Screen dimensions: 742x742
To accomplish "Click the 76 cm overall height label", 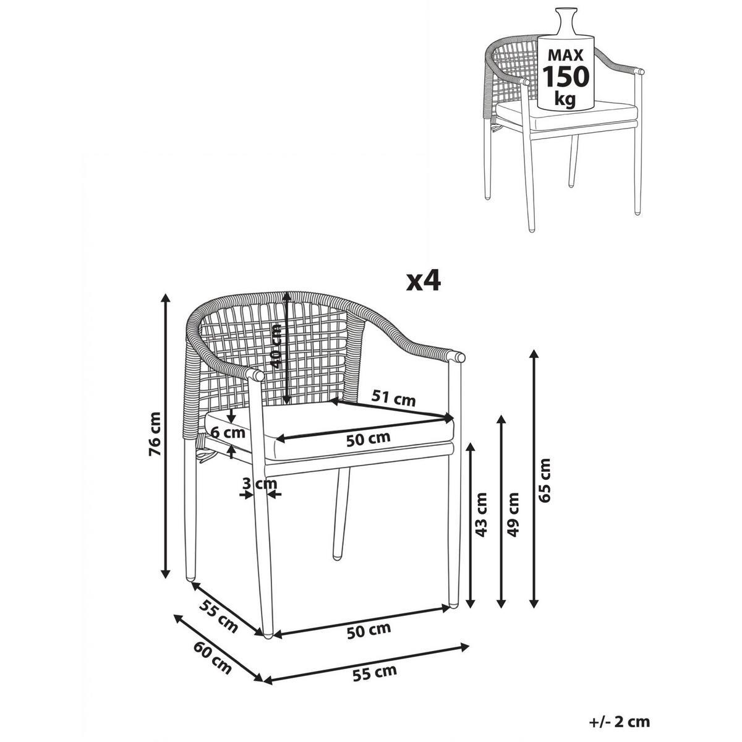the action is pos(155,433).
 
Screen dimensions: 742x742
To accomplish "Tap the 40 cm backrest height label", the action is pos(276,346).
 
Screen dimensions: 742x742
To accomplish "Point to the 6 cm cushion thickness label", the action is pos(228,432).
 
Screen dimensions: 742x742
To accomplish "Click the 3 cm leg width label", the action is pos(260,483).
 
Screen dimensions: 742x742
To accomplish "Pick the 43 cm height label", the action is pos(481,515).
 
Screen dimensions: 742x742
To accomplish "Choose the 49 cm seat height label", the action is pos(513,515).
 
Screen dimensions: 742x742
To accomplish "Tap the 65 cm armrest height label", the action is pos(545,480).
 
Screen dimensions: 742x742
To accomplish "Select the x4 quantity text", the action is pos(423,283).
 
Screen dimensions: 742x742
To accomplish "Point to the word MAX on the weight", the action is pos(566,55).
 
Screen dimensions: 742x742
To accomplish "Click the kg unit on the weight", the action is pos(565,100).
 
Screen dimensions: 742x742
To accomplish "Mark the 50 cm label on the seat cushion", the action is pos(368,439).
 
